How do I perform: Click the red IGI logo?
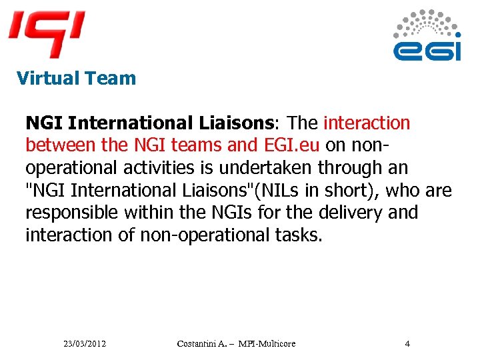click(x=47, y=32)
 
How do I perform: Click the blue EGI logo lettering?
click(x=427, y=51)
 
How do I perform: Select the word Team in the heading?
click(x=110, y=78)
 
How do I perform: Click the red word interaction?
click(x=367, y=123)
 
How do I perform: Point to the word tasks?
click(x=298, y=235)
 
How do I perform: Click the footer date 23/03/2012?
click(x=85, y=344)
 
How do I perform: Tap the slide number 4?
click(x=407, y=344)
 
